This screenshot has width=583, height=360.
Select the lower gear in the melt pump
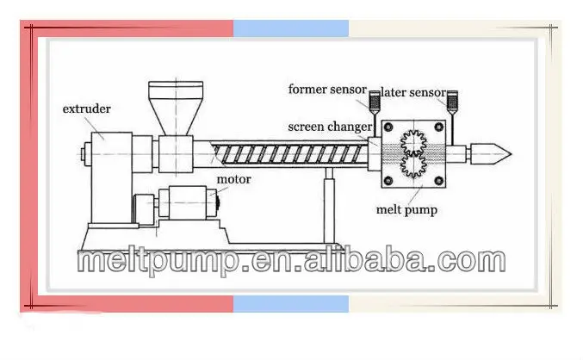click(417, 165)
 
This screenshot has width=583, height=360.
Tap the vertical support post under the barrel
click(328, 206)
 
